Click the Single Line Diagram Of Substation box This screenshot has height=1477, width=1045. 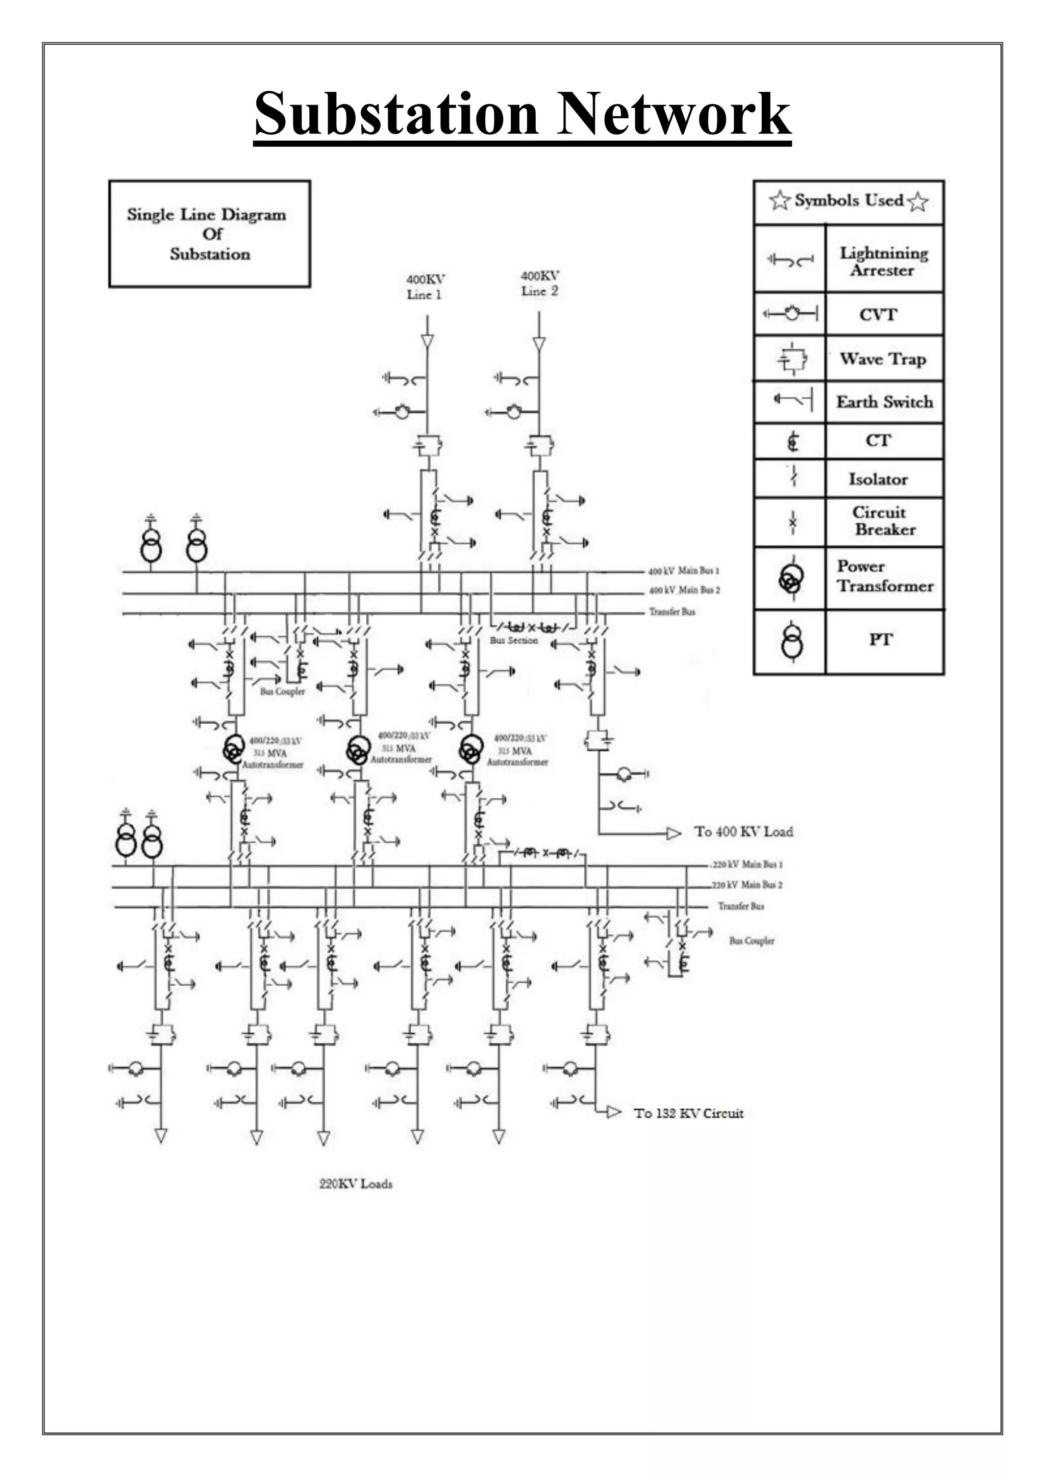coord(209,234)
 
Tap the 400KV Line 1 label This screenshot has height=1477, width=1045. coord(425,287)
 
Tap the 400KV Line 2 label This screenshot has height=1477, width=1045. coord(539,283)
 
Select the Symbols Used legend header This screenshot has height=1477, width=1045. coord(848,201)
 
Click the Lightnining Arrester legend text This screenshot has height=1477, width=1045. coord(883,261)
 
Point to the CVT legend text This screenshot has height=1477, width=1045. coord(878,315)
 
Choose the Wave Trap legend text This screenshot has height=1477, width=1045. coord(882,359)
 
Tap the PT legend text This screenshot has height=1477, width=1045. coord(880,640)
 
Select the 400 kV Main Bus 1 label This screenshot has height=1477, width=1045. coord(683,571)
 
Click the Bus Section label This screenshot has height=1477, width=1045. coord(513,641)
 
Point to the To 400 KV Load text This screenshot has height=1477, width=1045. coord(743,832)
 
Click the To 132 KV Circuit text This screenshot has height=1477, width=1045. coord(688,1113)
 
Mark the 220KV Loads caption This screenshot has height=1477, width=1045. coord(356,1184)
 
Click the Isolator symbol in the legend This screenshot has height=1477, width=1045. coord(793,477)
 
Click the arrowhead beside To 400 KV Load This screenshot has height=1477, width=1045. coord(673,834)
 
